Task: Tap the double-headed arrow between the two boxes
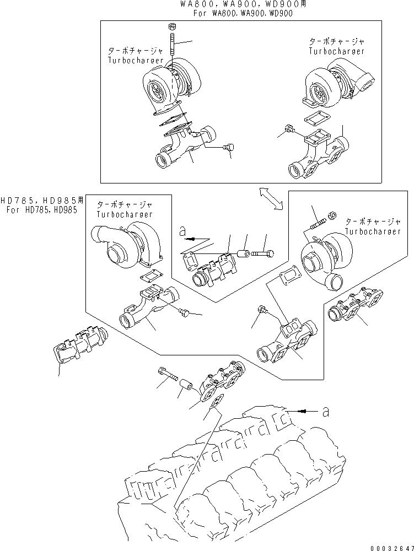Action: (x=270, y=198)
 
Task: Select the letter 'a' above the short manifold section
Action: (x=182, y=233)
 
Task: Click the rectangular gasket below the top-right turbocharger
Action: (x=318, y=120)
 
